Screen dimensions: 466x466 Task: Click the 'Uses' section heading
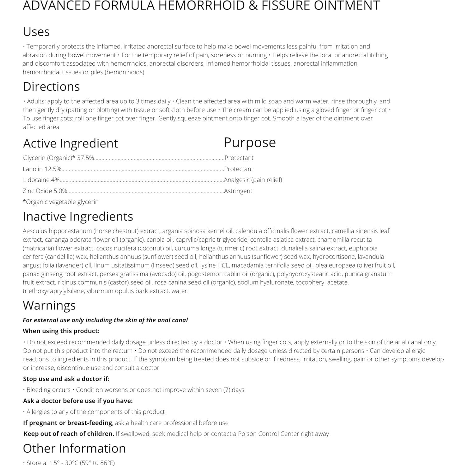[36, 32]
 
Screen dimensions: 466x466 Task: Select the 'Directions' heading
[51, 86]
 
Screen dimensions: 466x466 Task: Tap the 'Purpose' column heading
[249, 142]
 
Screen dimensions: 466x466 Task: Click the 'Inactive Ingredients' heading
[78, 217]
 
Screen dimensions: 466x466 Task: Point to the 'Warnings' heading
[49, 305]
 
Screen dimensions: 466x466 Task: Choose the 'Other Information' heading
[74, 448]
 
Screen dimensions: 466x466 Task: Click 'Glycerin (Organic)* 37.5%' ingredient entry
[58, 158]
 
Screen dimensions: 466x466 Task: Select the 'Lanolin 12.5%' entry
[42, 169]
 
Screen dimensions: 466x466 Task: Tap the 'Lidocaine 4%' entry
[41, 180]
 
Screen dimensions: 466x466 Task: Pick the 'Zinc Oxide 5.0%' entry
[45, 191]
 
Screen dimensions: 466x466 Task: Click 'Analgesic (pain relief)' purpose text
[253, 180]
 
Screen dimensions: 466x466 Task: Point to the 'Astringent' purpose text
[238, 191]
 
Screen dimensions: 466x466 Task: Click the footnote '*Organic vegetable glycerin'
[61, 202]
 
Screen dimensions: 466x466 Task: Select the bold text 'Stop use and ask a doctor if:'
[66, 379]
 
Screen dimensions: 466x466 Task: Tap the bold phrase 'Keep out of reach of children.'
[69, 434]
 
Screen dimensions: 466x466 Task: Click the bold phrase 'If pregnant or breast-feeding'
[68, 423]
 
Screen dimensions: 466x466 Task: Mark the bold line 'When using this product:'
[61, 331]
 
